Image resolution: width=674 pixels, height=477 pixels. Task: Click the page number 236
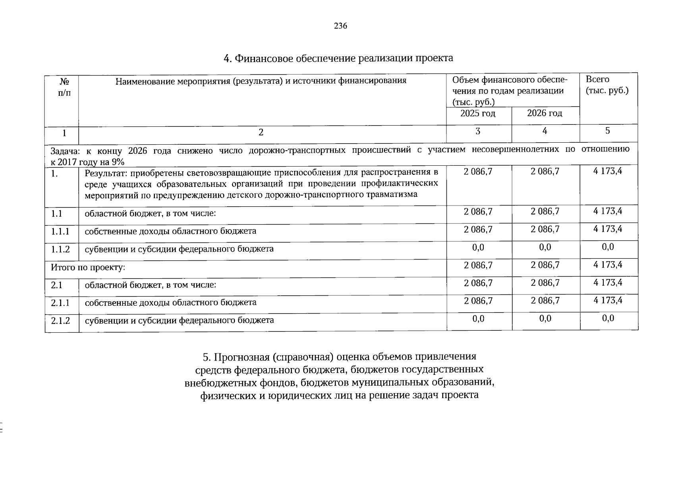[340, 26]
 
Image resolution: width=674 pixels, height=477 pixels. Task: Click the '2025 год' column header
[478, 113]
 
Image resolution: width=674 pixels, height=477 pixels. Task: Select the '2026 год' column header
[545, 113]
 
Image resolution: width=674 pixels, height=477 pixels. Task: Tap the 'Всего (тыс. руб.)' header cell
[607, 85]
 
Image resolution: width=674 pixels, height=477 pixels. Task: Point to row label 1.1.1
[60, 231]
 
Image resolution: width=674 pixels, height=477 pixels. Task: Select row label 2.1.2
[60, 320]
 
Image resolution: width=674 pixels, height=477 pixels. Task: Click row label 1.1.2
[60, 249]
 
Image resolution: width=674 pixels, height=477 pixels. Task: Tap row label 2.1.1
[60, 302]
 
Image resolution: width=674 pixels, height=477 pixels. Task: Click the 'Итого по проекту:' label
[88, 267]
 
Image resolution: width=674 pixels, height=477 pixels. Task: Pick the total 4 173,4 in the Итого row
[608, 265]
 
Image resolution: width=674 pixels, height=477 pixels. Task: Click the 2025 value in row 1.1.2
[478, 247]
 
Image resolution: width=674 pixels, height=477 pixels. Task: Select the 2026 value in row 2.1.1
[545, 301]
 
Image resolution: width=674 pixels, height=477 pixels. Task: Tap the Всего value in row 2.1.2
[608, 318]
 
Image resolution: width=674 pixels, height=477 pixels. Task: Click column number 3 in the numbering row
[478, 131]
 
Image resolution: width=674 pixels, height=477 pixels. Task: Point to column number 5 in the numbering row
[608, 131]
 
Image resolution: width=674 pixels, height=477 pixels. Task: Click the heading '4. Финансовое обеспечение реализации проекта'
[338, 58]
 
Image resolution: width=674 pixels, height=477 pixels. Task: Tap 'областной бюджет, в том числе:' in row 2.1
[150, 285]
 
